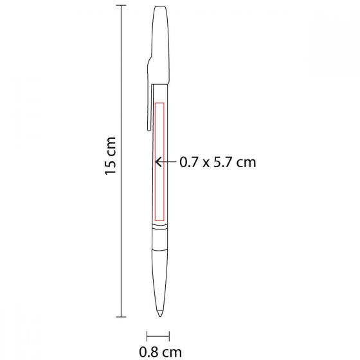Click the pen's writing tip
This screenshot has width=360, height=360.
[x=159, y=313]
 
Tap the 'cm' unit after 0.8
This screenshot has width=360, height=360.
[x=172, y=352]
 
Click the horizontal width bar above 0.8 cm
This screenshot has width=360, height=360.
[x=159, y=336]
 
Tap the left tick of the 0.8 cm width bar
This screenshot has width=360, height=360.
[x=147, y=336]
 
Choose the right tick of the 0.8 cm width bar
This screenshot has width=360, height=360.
[x=170, y=336]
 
